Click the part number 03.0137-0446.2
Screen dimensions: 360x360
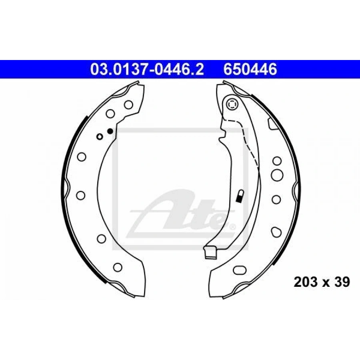[147, 70]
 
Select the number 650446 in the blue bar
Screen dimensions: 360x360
[250, 70]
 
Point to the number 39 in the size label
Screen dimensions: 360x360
[342, 282]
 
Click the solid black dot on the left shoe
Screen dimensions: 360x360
[110, 131]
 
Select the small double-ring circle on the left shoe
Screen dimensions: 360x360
[100, 137]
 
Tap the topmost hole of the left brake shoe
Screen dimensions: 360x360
[128, 105]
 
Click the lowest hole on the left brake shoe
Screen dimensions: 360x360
[118, 267]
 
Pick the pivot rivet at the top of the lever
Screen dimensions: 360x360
[232, 105]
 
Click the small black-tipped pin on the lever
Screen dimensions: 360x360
[240, 197]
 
